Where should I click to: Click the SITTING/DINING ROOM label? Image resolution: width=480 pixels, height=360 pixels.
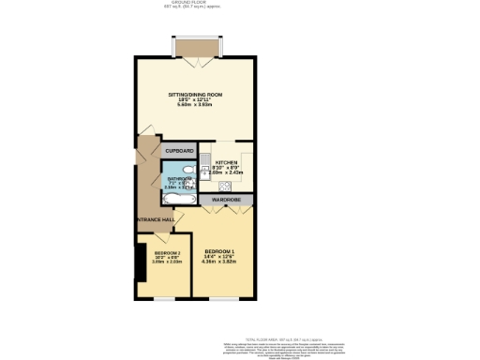tap(195, 95)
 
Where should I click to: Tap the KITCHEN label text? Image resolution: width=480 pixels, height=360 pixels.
tap(227, 161)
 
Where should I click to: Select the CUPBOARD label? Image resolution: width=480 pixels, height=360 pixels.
tap(179, 150)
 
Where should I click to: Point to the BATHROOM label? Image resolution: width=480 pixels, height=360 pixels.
tap(180, 177)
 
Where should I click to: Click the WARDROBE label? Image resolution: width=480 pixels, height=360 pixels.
tap(228, 200)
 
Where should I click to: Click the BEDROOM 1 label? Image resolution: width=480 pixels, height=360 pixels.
tap(219, 251)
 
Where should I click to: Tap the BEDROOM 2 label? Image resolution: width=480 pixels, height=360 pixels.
tap(165, 254)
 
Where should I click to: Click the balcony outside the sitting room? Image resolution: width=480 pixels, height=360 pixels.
tap(195, 48)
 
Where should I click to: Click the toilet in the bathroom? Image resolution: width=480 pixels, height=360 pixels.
tap(189, 170)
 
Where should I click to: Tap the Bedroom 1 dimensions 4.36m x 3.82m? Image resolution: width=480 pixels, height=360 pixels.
tap(219, 262)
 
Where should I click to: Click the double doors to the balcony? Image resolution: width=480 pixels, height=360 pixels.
tap(195, 61)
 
